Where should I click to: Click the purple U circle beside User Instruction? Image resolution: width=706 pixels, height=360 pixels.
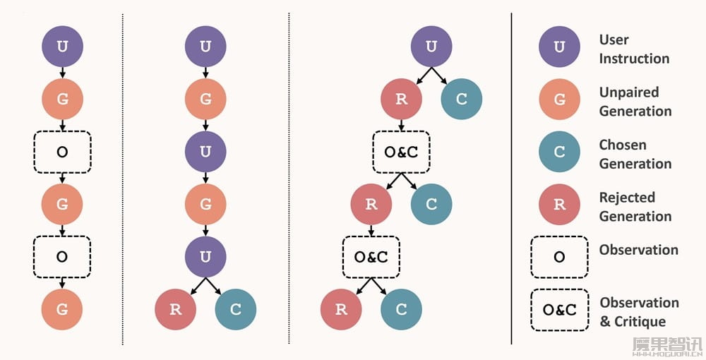click(x=559, y=47)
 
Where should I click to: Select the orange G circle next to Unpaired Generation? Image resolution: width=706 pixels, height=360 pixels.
click(x=559, y=99)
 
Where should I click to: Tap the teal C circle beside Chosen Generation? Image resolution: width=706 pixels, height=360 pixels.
click(x=559, y=152)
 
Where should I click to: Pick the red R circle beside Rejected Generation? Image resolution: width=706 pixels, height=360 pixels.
click(x=559, y=204)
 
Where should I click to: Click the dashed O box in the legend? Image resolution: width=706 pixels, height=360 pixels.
click(x=559, y=257)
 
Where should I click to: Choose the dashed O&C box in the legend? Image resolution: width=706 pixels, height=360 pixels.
click(x=559, y=310)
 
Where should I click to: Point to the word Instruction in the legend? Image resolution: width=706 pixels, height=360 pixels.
click(x=634, y=59)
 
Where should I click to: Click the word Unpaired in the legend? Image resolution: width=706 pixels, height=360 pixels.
click(x=629, y=92)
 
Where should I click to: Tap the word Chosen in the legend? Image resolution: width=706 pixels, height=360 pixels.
click(x=623, y=145)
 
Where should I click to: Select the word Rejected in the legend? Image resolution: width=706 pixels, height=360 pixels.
click(x=627, y=198)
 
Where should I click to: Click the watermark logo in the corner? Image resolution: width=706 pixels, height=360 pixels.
click(x=667, y=347)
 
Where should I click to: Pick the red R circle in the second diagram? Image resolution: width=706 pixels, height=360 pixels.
click(x=176, y=310)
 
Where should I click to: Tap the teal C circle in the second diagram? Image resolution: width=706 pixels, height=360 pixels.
click(x=236, y=310)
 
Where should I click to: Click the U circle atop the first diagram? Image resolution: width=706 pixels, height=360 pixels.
click(x=63, y=47)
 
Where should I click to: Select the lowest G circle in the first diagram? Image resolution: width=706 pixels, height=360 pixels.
click(x=63, y=310)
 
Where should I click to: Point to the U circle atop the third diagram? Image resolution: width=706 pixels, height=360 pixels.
click(x=431, y=47)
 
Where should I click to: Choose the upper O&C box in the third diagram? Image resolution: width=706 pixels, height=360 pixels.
click(x=401, y=152)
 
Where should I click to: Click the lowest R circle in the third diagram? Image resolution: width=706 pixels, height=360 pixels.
click(x=341, y=310)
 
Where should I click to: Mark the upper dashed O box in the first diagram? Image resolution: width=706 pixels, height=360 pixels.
click(x=63, y=152)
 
